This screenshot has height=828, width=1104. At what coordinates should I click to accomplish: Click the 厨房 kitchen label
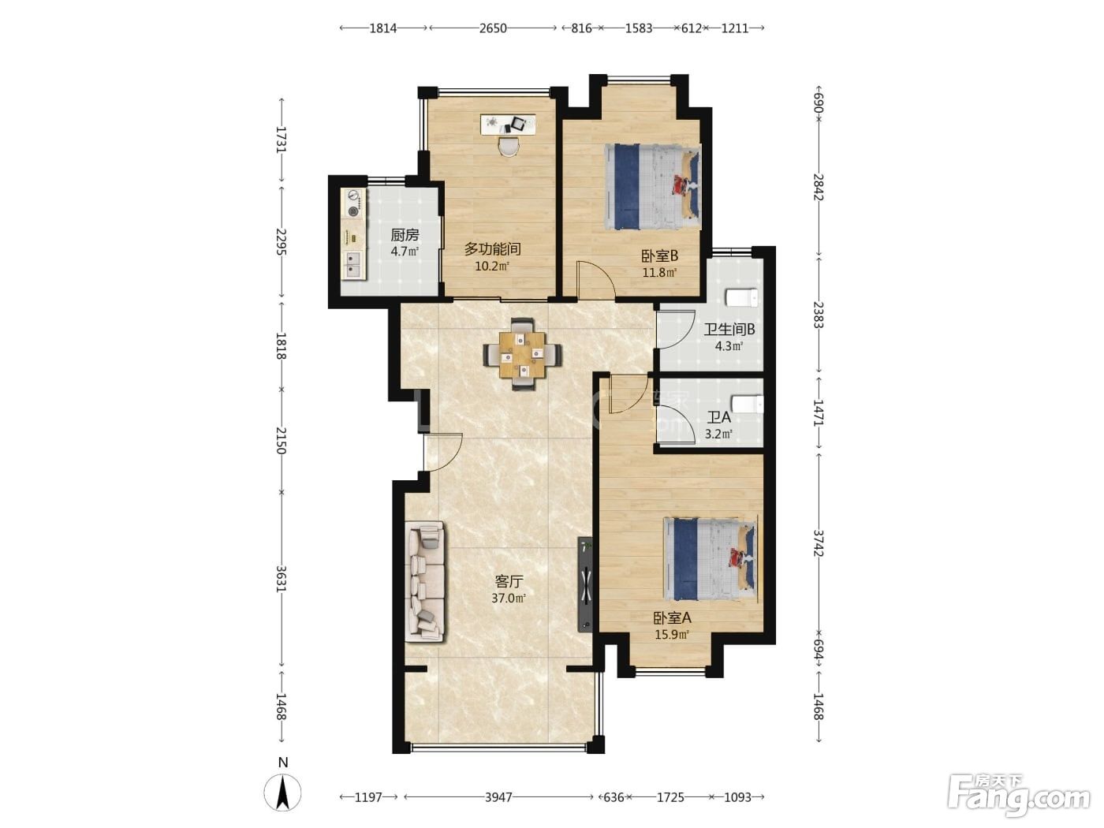coord(405,235)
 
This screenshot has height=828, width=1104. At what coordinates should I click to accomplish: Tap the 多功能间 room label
coord(492,249)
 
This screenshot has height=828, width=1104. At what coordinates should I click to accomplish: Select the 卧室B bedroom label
coord(659,255)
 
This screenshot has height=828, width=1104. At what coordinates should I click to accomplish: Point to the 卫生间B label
coord(729,330)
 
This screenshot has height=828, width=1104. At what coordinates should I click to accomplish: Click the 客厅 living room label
coord(509,582)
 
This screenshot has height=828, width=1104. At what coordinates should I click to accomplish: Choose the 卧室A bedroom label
coord(672,617)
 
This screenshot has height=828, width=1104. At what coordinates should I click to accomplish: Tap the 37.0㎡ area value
coord(509,599)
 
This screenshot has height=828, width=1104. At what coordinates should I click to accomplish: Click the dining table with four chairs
coord(523,354)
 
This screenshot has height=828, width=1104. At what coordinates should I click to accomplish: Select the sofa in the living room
coord(425,581)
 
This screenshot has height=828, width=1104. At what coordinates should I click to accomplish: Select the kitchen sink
coord(354,265)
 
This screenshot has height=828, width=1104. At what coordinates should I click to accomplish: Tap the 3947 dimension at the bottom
coord(498,797)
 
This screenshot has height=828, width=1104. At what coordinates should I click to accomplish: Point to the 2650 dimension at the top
coord(493,28)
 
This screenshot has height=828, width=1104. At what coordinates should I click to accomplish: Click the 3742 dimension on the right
coord(819,543)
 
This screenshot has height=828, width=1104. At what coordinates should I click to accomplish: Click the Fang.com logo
coord(1019,796)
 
